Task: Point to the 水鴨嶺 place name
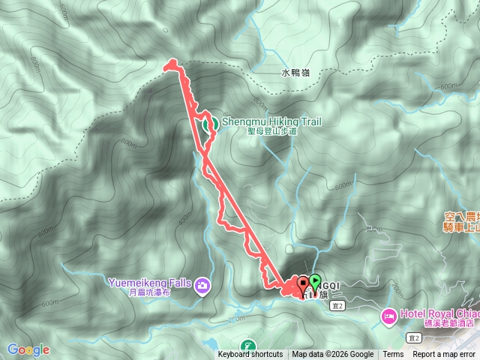[x=295, y=73]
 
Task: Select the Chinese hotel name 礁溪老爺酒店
[x=447, y=323]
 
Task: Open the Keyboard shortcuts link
[x=250, y=355]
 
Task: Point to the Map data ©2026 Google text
[x=333, y=355]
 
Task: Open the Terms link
[x=393, y=355]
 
